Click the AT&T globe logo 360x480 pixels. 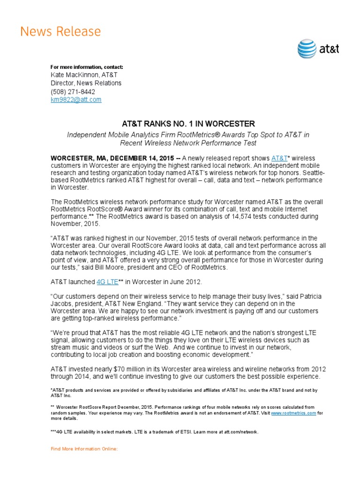[x=307, y=49]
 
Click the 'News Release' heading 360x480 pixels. [x=60, y=32]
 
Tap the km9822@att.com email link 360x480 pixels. [x=76, y=100]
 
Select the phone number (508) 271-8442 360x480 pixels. [x=73, y=91]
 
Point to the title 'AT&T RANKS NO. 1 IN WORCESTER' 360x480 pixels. [x=188, y=124]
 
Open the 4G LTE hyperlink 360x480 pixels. [x=107, y=282]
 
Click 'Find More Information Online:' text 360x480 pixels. [x=84, y=449]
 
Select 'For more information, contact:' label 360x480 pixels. [x=87, y=67]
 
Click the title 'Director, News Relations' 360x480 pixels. [x=86, y=83]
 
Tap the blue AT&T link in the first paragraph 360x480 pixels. [x=279, y=158]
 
